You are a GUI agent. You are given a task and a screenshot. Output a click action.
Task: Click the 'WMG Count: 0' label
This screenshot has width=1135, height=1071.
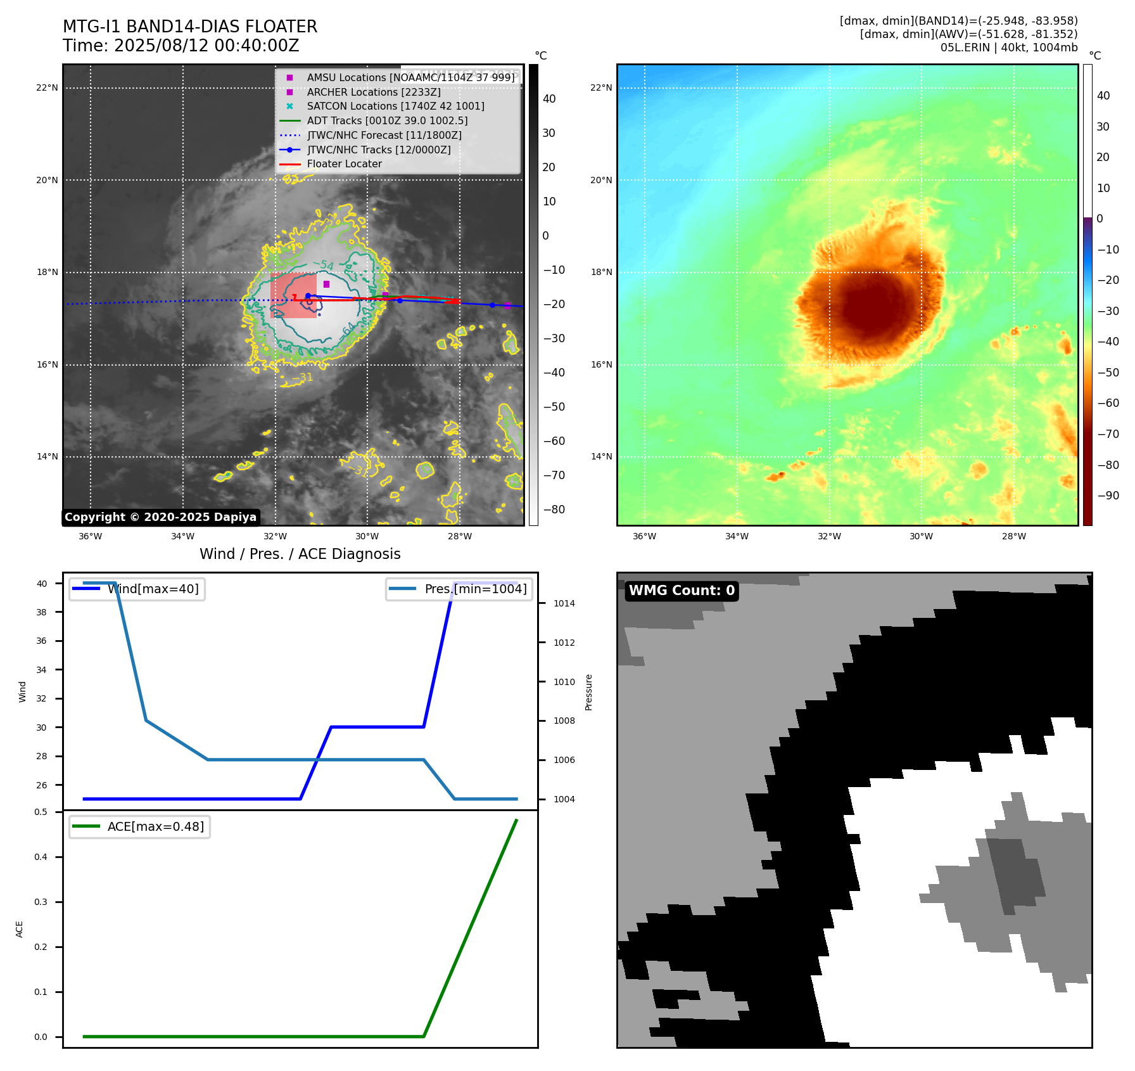point(682,591)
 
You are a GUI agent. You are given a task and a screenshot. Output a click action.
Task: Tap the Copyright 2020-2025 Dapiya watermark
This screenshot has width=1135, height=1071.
point(160,517)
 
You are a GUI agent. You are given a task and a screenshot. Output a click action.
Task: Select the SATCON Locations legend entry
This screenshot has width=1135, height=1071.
point(395,106)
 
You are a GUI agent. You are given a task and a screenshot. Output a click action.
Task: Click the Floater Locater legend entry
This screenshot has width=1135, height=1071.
point(344,164)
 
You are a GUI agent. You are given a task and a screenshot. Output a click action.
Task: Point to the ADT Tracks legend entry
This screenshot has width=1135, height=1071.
point(387,121)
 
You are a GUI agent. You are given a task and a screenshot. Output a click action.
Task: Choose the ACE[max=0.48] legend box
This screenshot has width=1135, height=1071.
point(140,826)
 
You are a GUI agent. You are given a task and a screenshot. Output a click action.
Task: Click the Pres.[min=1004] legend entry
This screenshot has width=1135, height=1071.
point(459,589)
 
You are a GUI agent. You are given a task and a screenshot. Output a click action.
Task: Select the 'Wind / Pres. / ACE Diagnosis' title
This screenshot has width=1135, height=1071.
point(300,554)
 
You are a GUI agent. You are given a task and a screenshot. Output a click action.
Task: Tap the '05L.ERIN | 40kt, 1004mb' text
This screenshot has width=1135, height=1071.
point(1008,48)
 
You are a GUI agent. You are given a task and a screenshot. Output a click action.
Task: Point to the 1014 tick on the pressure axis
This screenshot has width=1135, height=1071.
point(564,603)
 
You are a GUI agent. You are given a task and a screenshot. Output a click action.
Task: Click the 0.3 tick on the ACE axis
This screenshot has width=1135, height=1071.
point(41,902)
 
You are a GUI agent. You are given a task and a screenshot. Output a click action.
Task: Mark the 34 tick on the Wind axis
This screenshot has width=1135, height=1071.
point(41,670)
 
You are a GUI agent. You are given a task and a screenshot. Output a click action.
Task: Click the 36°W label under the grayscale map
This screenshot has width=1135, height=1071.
point(91,536)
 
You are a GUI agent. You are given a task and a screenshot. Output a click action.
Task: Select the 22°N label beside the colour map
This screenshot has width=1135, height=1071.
point(601,87)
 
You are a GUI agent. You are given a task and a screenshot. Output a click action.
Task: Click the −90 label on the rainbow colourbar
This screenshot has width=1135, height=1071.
point(1108,496)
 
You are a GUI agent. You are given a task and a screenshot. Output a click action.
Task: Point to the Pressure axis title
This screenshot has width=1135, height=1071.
point(588,692)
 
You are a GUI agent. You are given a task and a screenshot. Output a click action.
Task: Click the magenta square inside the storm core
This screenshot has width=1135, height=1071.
point(326,284)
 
